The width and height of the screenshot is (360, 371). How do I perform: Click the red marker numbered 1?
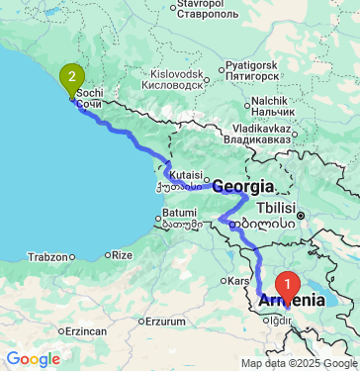pyautogui.click(x=288, y=282)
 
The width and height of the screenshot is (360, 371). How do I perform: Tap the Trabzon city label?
pyautogui.click(x=47, y=256)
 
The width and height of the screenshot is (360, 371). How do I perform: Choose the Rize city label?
pyautogui.click(x=122, y=255)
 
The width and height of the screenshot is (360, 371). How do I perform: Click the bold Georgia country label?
pyautogui.click(x=242, y=185)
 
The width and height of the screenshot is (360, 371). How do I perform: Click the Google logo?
pyautogui.click(x=33, y=359)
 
